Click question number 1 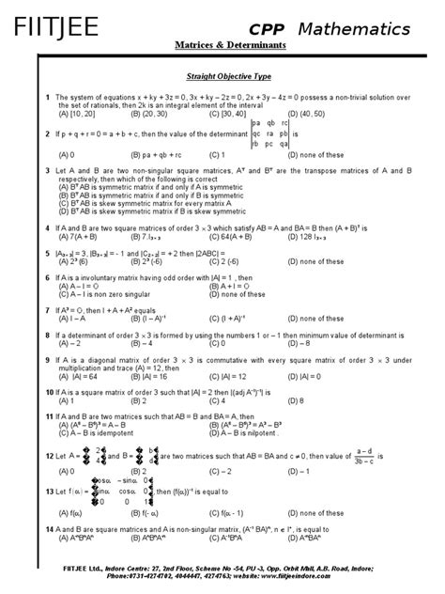47,97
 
